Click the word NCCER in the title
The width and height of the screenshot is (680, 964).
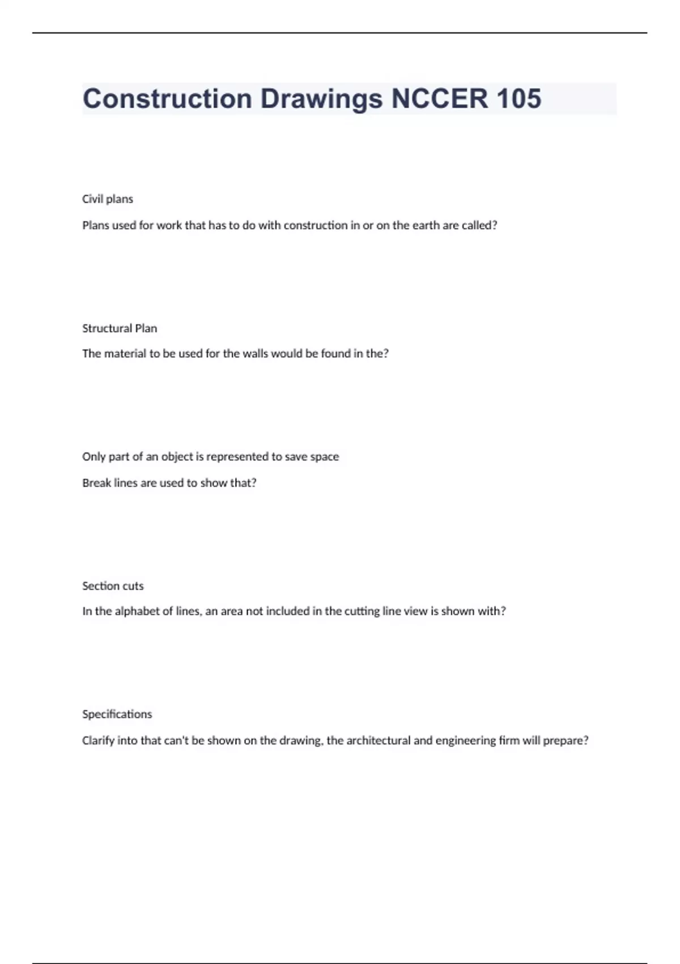(439, 99)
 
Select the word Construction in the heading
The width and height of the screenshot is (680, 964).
(167, 99)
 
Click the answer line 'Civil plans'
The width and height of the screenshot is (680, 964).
(108, 199)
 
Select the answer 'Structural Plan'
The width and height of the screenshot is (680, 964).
(120, 328)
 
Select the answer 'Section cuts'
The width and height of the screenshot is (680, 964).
(113, 586)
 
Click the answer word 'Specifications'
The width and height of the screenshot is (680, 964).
(117, 714)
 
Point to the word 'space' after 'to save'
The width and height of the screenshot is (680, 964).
(325, 456)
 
